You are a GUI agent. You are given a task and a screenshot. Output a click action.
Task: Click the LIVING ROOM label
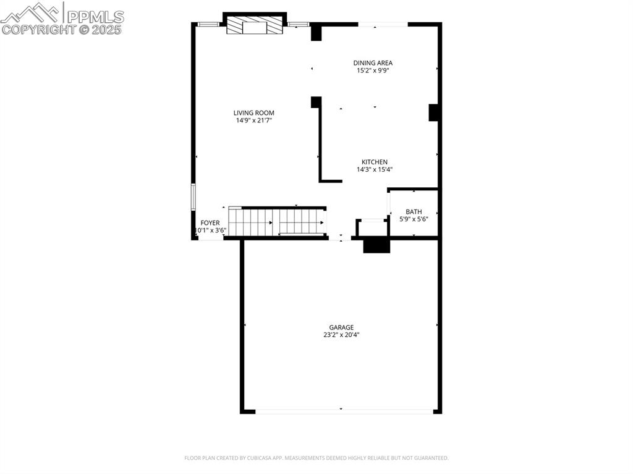pyautogui.click(x=253, y=112)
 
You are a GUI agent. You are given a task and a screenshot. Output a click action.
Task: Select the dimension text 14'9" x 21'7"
pyautogui.click(x=253, y=121)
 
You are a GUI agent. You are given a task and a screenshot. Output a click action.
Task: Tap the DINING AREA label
pyautogui.click(x=373, y=62)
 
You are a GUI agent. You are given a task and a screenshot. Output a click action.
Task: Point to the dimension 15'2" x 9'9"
pyautogui.click(x=373, y=70)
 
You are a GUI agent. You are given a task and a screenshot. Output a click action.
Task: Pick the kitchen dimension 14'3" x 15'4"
pyautogui.click(x=375, y=169)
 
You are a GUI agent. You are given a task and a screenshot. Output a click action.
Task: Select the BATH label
pyautogui.click(x=414, y=211)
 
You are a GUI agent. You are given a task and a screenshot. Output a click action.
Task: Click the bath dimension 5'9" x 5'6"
pyautogui.click(x=414, y=219)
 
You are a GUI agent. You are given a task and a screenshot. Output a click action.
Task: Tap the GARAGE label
pyautogui.click(x=341, y=327)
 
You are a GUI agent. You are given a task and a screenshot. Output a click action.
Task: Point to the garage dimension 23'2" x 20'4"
pyautogui.click(x=341, y=335)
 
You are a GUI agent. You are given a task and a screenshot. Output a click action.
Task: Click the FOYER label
pyautogui.click(x=210, y=222)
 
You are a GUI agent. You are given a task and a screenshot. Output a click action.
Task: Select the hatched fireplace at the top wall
pyautogui.click(x=254, y=27)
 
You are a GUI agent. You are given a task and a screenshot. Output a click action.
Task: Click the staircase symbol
pyautogui.click(x=277, y=221)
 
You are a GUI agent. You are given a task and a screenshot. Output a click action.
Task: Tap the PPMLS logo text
pyautogui.click(x=95, y=16)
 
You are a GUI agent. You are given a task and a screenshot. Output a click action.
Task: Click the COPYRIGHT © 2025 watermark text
pyautogui.click(x=62, y=29)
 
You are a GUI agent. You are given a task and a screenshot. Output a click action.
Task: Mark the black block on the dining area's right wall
pyautogui.click(x=433, y=112)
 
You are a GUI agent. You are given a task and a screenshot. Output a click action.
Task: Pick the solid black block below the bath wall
pyautogui.click(x=376, y=246)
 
